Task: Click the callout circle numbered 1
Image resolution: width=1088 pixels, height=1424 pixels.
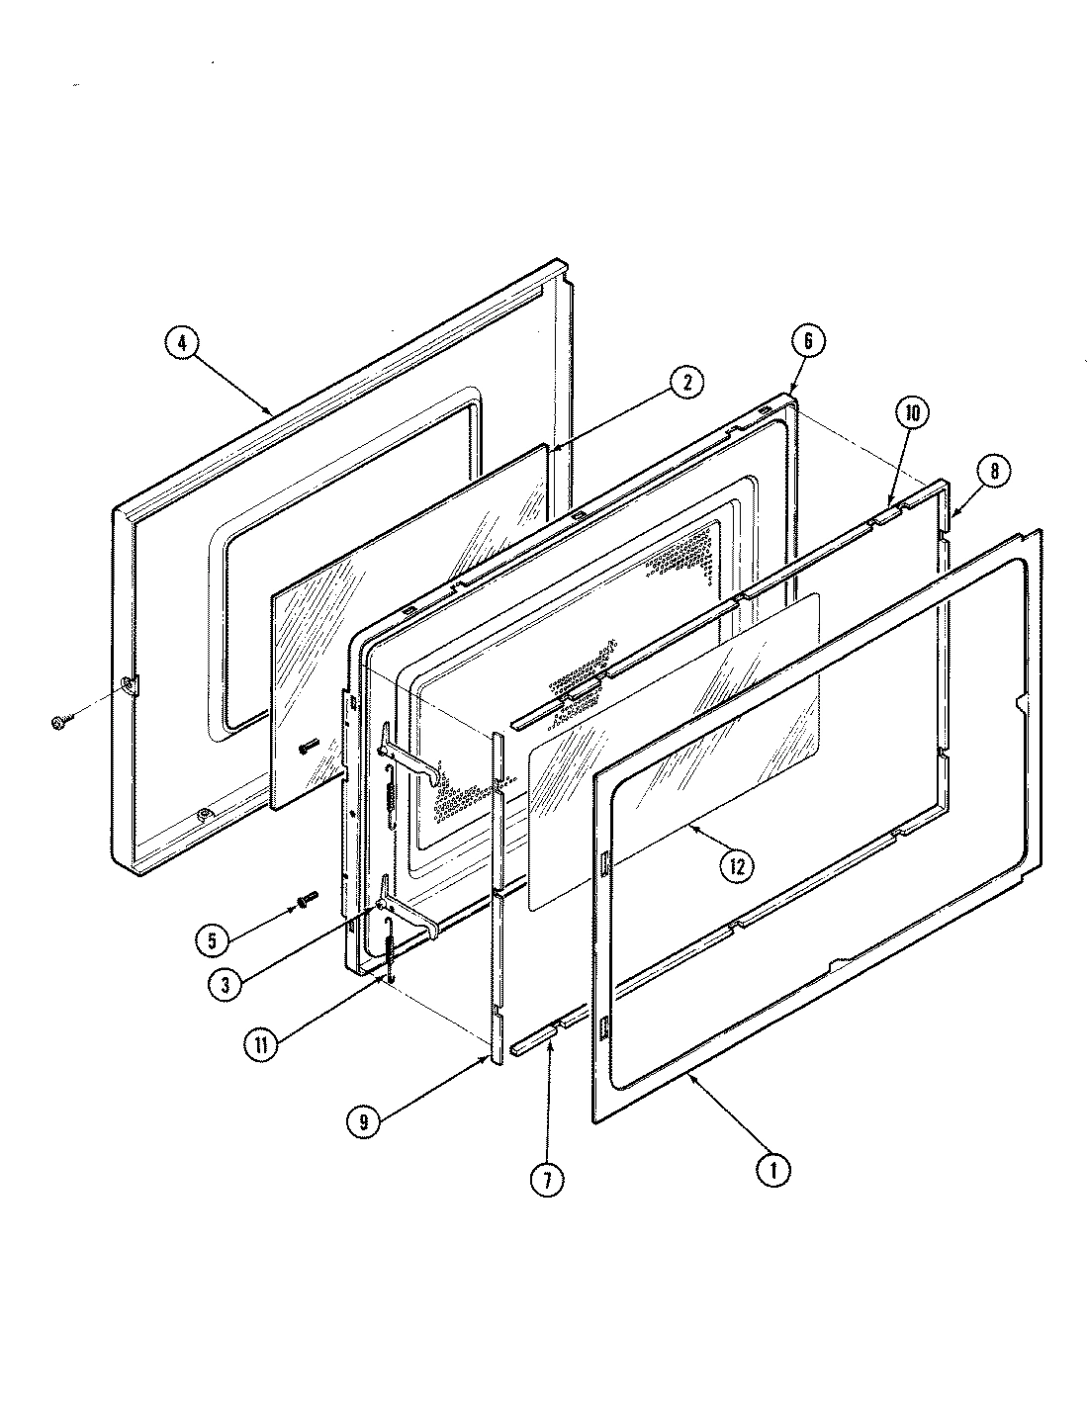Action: pyautogui.click(x=772, y=1170)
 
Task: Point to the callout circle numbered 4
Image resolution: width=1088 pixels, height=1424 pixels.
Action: pyautogui.click(x=182, y=343)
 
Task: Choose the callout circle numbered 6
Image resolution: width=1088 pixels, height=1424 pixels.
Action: pyautogui.click(x=807, y=341)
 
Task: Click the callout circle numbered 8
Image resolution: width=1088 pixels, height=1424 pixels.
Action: pyautogui.click(x=994, y=472)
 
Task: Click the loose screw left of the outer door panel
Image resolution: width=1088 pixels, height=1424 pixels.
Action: pyautogui.click(x=56, y=724)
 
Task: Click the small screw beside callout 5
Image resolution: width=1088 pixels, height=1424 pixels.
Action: pyautogui.click(x=304, y=900)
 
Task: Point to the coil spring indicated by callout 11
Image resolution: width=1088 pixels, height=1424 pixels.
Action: pyautogui.click(x=391, y=954)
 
